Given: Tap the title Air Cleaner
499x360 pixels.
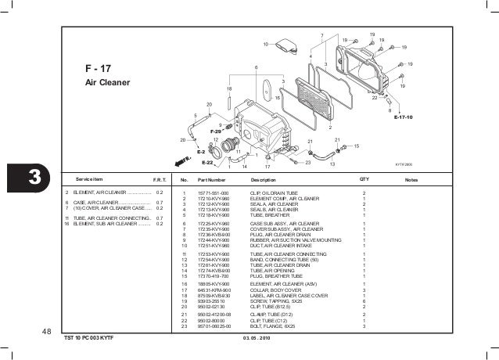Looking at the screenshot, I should tap(108, 82).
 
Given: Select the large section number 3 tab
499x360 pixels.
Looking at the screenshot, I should tap(34, 178).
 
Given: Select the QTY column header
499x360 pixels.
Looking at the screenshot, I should tap(364, 179).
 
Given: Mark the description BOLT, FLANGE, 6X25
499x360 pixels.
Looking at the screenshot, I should tap(273, 326).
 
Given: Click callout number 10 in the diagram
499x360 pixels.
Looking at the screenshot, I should tap(265, 43).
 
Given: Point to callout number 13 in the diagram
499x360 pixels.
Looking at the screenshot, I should tap(332, 164).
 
